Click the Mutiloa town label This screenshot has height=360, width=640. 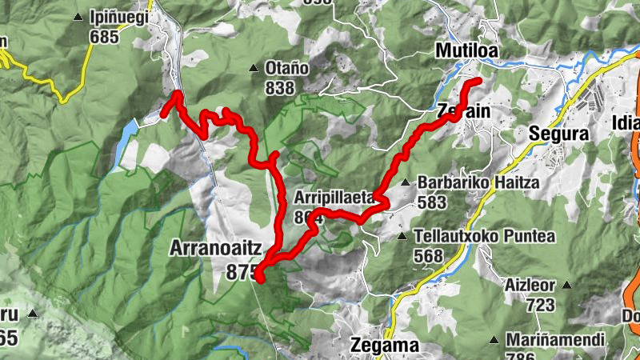pyautogui.click(x=466, y=51)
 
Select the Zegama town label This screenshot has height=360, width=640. pyautogui.click(x=385, y=346)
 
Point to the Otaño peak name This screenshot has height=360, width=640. pyautogui.click(x=286, y=68)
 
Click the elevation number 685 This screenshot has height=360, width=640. pyautogui.click(x=104, y=36)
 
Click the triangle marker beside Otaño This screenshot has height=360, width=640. pyautogui.click(x=254, y=68)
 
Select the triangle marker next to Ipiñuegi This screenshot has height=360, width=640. pyautogui.click(x=78, y=17)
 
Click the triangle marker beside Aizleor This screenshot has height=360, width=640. pyautogui.click(x=567, y=285)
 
